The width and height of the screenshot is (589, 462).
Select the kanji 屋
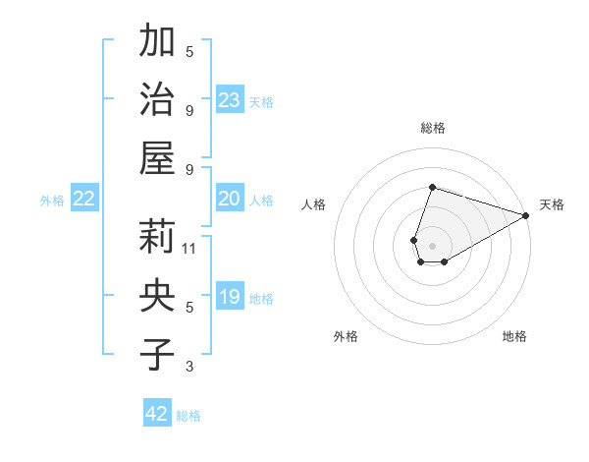157,156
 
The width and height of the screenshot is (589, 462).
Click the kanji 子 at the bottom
157,353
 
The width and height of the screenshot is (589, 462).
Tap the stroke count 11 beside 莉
189,249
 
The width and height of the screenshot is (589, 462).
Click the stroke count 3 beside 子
189,367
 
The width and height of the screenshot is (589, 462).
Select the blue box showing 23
230,100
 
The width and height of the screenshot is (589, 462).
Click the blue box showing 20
230,200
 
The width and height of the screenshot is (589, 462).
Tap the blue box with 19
230,298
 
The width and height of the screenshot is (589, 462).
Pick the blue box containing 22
84,200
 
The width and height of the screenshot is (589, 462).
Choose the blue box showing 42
157,414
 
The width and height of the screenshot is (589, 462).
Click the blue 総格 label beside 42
189,416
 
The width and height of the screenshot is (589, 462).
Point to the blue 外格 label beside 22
52,201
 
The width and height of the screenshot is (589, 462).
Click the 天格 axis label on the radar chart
552,204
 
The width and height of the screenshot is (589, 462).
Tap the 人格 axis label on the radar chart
314,204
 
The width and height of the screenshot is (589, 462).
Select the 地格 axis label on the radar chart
514,336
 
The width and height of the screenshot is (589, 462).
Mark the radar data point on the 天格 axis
526,215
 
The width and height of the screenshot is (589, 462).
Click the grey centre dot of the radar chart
432,244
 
